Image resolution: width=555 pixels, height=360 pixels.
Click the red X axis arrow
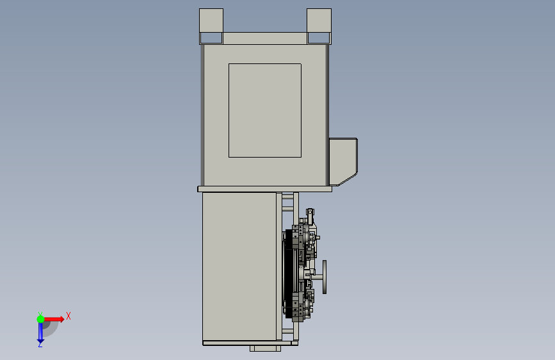point(54,319)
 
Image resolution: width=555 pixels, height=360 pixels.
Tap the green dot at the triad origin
point(40,319)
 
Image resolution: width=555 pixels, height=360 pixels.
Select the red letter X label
point(68,316)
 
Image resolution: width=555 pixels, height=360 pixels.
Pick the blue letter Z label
point(40,344)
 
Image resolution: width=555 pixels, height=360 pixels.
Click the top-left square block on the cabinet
point(211,20)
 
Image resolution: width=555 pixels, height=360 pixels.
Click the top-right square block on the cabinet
point(319,20)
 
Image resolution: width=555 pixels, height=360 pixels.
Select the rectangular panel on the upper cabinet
point(265,110)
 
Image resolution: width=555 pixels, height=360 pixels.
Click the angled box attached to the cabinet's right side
point(343,161)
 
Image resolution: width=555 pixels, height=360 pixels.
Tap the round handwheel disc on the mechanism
point(325,277)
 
